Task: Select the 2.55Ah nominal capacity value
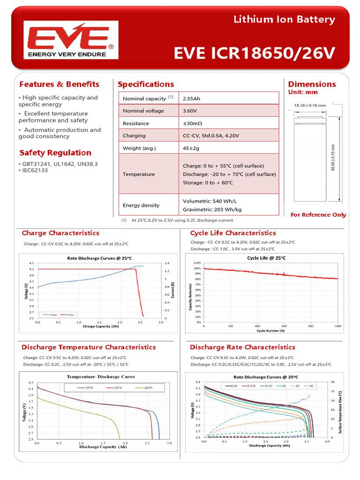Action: click(x=192, y=98)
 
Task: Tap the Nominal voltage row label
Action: click(x=143, y=111)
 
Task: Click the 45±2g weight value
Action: click(x=191, y=148)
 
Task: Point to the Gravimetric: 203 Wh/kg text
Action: click(x=212, y=210)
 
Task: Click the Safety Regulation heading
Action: click(x=55, y=153)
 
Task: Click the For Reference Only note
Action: click(x=318, y=215)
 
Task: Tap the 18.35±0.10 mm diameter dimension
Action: click(x=310, y=105)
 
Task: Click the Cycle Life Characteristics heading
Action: click(x=233, y=233)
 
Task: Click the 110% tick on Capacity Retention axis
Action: click(x=197, y=263)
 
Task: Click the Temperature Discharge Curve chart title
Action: click(x=101, y=376)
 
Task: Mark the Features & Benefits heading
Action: click(x=59, y=84)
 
